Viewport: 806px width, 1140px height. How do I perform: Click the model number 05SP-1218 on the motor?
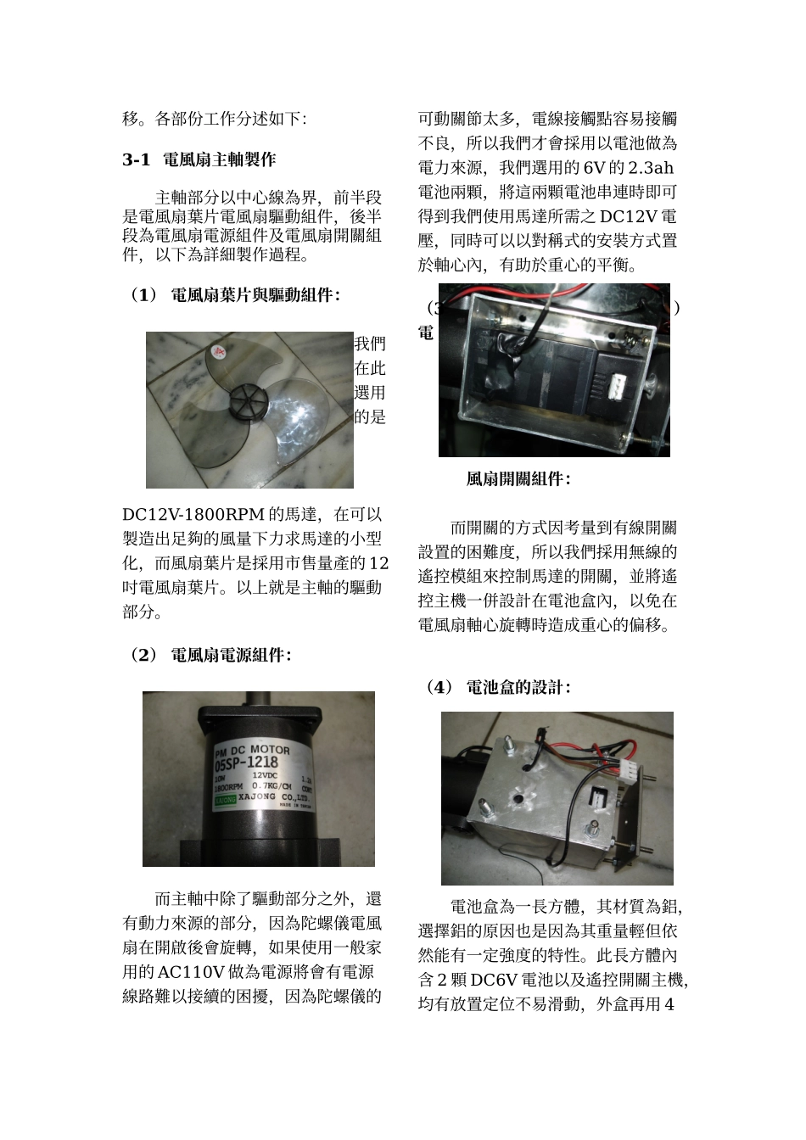pyautogui.click(x=252, y=763)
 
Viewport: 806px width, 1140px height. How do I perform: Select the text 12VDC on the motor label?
pyautogui.click(x=265, y=776)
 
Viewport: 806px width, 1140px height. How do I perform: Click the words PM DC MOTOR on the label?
pyautogui.click(x=252, y=751)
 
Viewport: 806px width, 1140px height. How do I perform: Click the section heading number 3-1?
pyautogui.click(x=136, y=160)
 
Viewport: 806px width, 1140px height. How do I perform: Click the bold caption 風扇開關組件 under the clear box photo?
pyautogui.click(x=518, y=479)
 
